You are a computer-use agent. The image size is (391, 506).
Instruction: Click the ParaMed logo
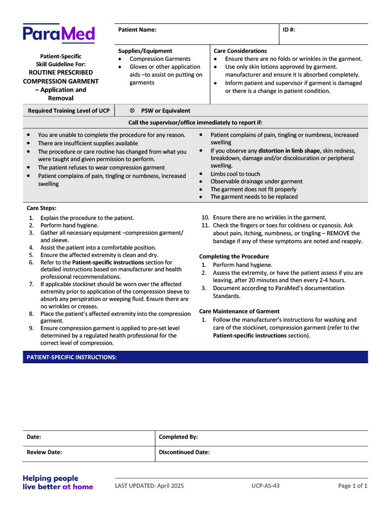(58, 34)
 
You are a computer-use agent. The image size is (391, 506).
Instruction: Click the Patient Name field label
(137, 30)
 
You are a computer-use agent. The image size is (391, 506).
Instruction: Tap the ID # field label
(289, 30)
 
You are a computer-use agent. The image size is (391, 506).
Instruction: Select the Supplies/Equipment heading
(145, 51)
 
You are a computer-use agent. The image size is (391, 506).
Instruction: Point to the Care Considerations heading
(240, 51)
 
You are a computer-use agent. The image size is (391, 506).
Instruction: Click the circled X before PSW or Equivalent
(132, 111)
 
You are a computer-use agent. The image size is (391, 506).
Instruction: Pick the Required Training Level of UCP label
(69, 111)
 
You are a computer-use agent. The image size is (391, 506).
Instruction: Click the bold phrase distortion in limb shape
(289, 151)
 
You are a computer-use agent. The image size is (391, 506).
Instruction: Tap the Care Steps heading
(42, 208)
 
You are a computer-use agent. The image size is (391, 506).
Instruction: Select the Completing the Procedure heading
(234, 256)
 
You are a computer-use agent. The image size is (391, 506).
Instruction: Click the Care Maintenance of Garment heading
(239, 311)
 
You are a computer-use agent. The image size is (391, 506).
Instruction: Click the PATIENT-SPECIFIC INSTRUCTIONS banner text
(72, 357)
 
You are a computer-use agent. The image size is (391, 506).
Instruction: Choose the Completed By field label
(178, 437)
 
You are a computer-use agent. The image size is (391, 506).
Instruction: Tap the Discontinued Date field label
(184, 452)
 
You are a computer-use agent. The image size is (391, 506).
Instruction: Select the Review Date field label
(44, 452)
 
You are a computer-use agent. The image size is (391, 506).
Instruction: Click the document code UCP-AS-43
(265, 486)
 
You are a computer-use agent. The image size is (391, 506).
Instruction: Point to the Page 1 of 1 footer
(352, 486)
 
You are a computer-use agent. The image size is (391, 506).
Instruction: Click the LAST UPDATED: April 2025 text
(149, 486)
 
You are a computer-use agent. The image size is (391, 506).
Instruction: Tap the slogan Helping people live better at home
(57, 482)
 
